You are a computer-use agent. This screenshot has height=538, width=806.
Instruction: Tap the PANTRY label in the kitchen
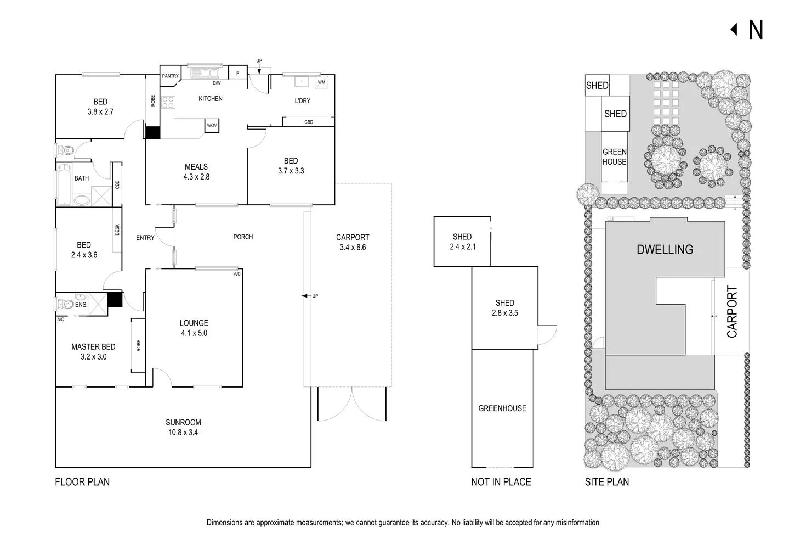(x=170, y=76)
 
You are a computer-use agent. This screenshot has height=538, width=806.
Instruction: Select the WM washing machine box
(x=321, y=82)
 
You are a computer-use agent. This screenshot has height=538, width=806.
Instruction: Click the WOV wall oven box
(x=212, y=125)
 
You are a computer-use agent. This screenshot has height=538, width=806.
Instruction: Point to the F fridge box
(x=238, y=73)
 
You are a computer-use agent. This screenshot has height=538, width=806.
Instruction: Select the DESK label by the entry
(x=117, y=231)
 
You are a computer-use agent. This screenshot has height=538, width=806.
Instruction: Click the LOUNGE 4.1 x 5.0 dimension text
(x=194, y=333)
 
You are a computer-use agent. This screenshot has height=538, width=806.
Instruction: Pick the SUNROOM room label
(x=183, y=422)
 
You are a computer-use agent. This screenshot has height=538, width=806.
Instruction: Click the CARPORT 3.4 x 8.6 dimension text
(x=353, y=247)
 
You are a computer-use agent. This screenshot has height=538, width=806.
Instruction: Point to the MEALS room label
(x=196, y=167)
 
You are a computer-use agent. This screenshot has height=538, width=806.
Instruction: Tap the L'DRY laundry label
(x=302, y=100)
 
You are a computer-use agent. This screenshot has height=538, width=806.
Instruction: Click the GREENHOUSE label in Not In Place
(x=502, y=408)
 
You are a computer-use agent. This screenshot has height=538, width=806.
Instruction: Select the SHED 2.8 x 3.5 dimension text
(x=504, y=313)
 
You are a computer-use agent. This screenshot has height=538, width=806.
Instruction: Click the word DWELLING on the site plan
(x=665, y=250)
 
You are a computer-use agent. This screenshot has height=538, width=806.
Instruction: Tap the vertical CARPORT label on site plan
(x=732, y=311)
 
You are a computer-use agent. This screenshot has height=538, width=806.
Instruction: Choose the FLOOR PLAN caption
(x=82, y=482)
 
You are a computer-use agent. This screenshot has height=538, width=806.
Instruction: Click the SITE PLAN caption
(x=606, y=482)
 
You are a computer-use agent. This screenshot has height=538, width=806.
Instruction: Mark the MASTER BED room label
(x=93, y=347)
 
